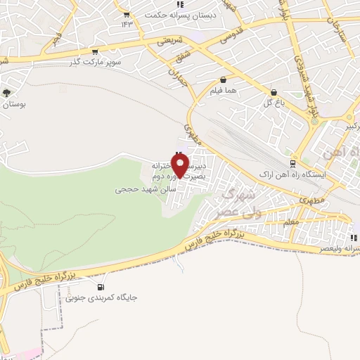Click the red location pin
click(181, 166)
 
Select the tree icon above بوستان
click(7, 92)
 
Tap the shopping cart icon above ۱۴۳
click(126, 14)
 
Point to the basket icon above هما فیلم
click(223, 80)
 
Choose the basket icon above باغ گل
click(273, 92)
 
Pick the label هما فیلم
click(223, 91)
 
